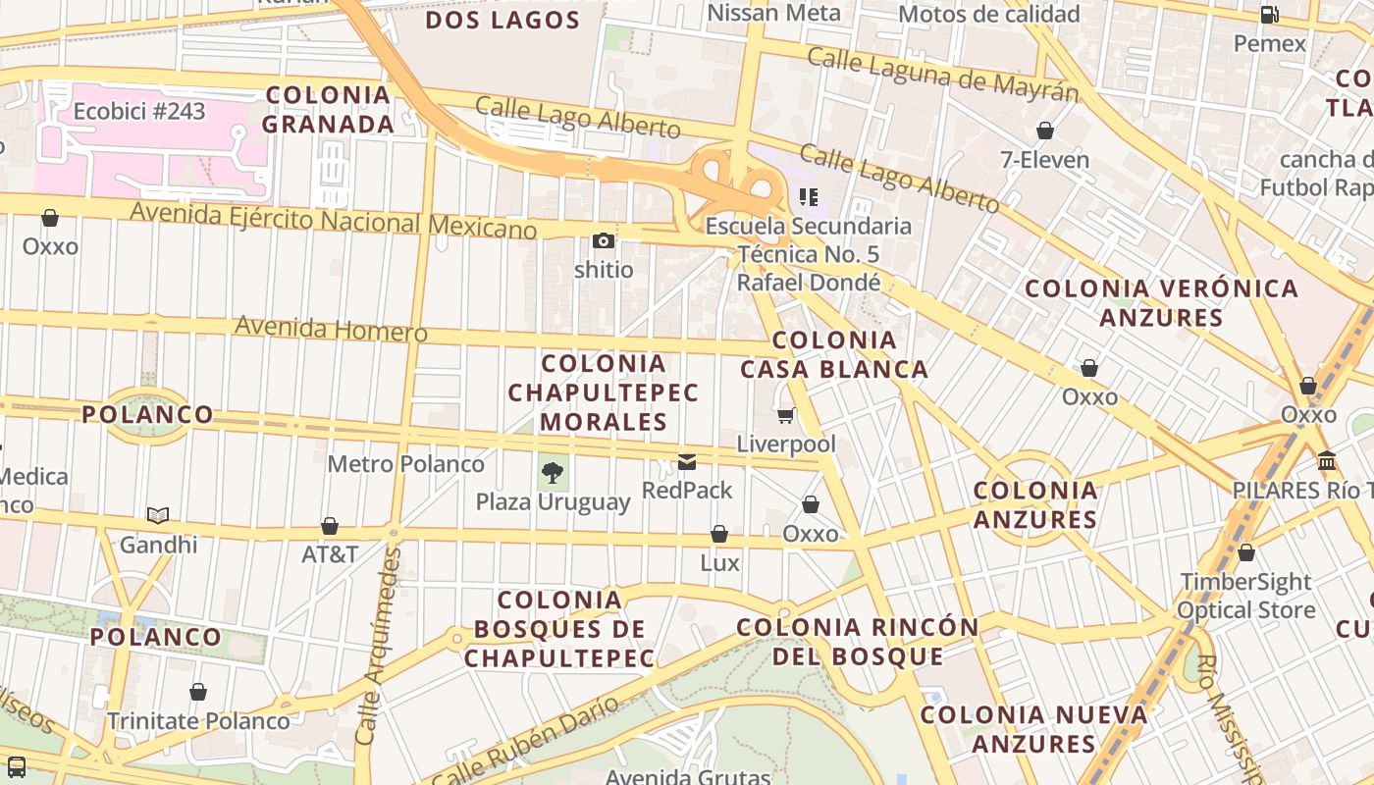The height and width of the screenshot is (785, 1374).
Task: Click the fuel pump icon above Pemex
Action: [1269, 15]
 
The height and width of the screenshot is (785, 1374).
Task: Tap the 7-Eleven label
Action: [1044, 160]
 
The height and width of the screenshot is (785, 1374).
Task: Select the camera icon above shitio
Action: [604, 240]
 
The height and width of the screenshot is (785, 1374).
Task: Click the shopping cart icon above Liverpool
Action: [785, 415]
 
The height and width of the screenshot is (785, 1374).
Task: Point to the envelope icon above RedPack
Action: [687, 461]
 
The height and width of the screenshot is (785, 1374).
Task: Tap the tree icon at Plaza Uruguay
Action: [553, 473]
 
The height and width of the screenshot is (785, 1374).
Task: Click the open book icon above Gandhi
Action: [158, 515]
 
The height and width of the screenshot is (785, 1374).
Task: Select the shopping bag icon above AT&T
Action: [330, 527]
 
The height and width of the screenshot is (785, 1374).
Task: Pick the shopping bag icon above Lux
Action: [719, 535]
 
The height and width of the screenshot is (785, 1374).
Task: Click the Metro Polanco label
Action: [405, 464]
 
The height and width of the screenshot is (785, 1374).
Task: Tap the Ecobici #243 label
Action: [139, 111]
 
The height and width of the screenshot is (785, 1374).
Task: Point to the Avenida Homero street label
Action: [331, 328]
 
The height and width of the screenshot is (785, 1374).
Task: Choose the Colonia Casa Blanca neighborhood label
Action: [834, 355]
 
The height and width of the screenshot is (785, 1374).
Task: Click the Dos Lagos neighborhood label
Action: [502, 20]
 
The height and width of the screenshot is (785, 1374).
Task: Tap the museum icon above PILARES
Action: [1327, 461]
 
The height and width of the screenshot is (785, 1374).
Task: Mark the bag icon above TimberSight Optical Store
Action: [1246, 553]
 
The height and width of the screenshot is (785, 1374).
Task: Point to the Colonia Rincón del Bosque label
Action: [858, 642]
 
